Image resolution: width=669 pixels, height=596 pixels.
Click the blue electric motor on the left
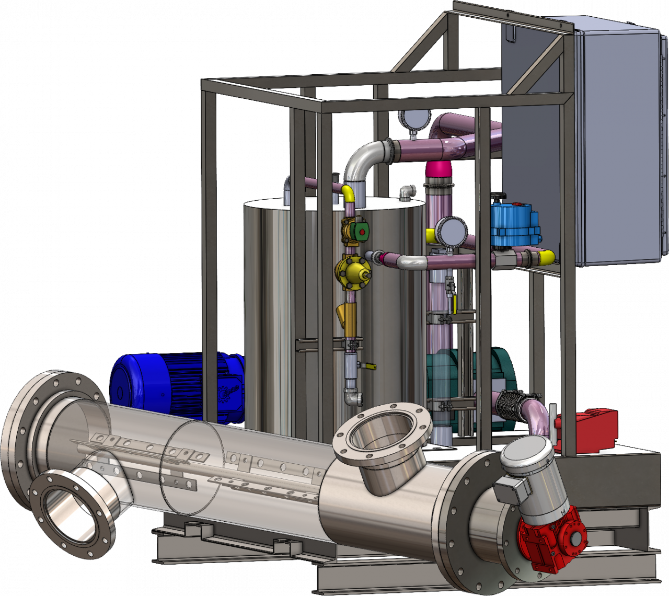click(172, 384)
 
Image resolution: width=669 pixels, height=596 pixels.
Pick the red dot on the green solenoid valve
click(362, 231)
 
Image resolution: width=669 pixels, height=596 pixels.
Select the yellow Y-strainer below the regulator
click(347, 314)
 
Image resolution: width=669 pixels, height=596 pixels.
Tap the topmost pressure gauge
click(414, 119)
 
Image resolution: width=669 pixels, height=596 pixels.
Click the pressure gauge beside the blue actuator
click(452, 231)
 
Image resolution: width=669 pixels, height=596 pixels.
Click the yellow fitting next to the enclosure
click(546, 257)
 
